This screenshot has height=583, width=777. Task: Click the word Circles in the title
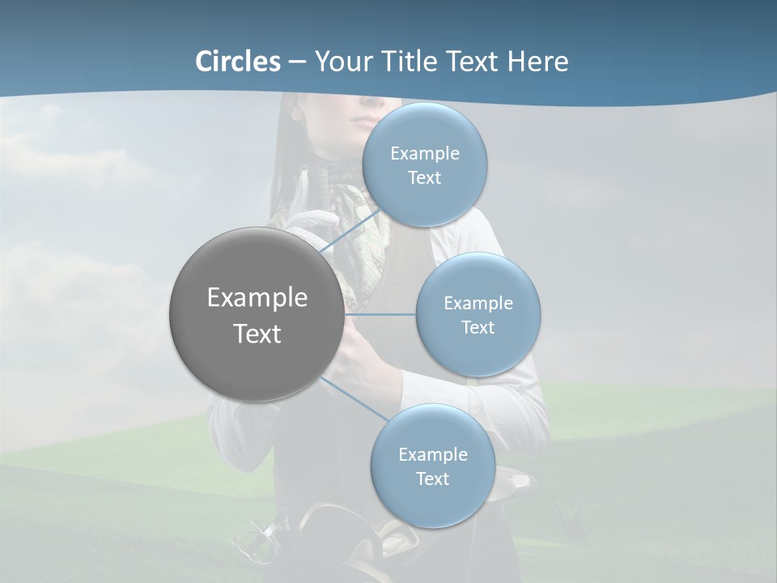pos(238,62)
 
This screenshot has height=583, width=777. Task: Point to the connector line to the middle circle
pos(380,314)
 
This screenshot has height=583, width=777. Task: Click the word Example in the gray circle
pos(257,298)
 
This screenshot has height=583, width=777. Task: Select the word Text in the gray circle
pos(257,334)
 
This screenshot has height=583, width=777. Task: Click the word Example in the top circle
pos(425,154)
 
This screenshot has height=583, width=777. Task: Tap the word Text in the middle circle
pos(478,327)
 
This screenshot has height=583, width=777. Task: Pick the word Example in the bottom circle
pos(433,454)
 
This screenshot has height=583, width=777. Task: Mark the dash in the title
pos(297,62)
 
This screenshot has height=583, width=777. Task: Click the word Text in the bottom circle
pos(432,479)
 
